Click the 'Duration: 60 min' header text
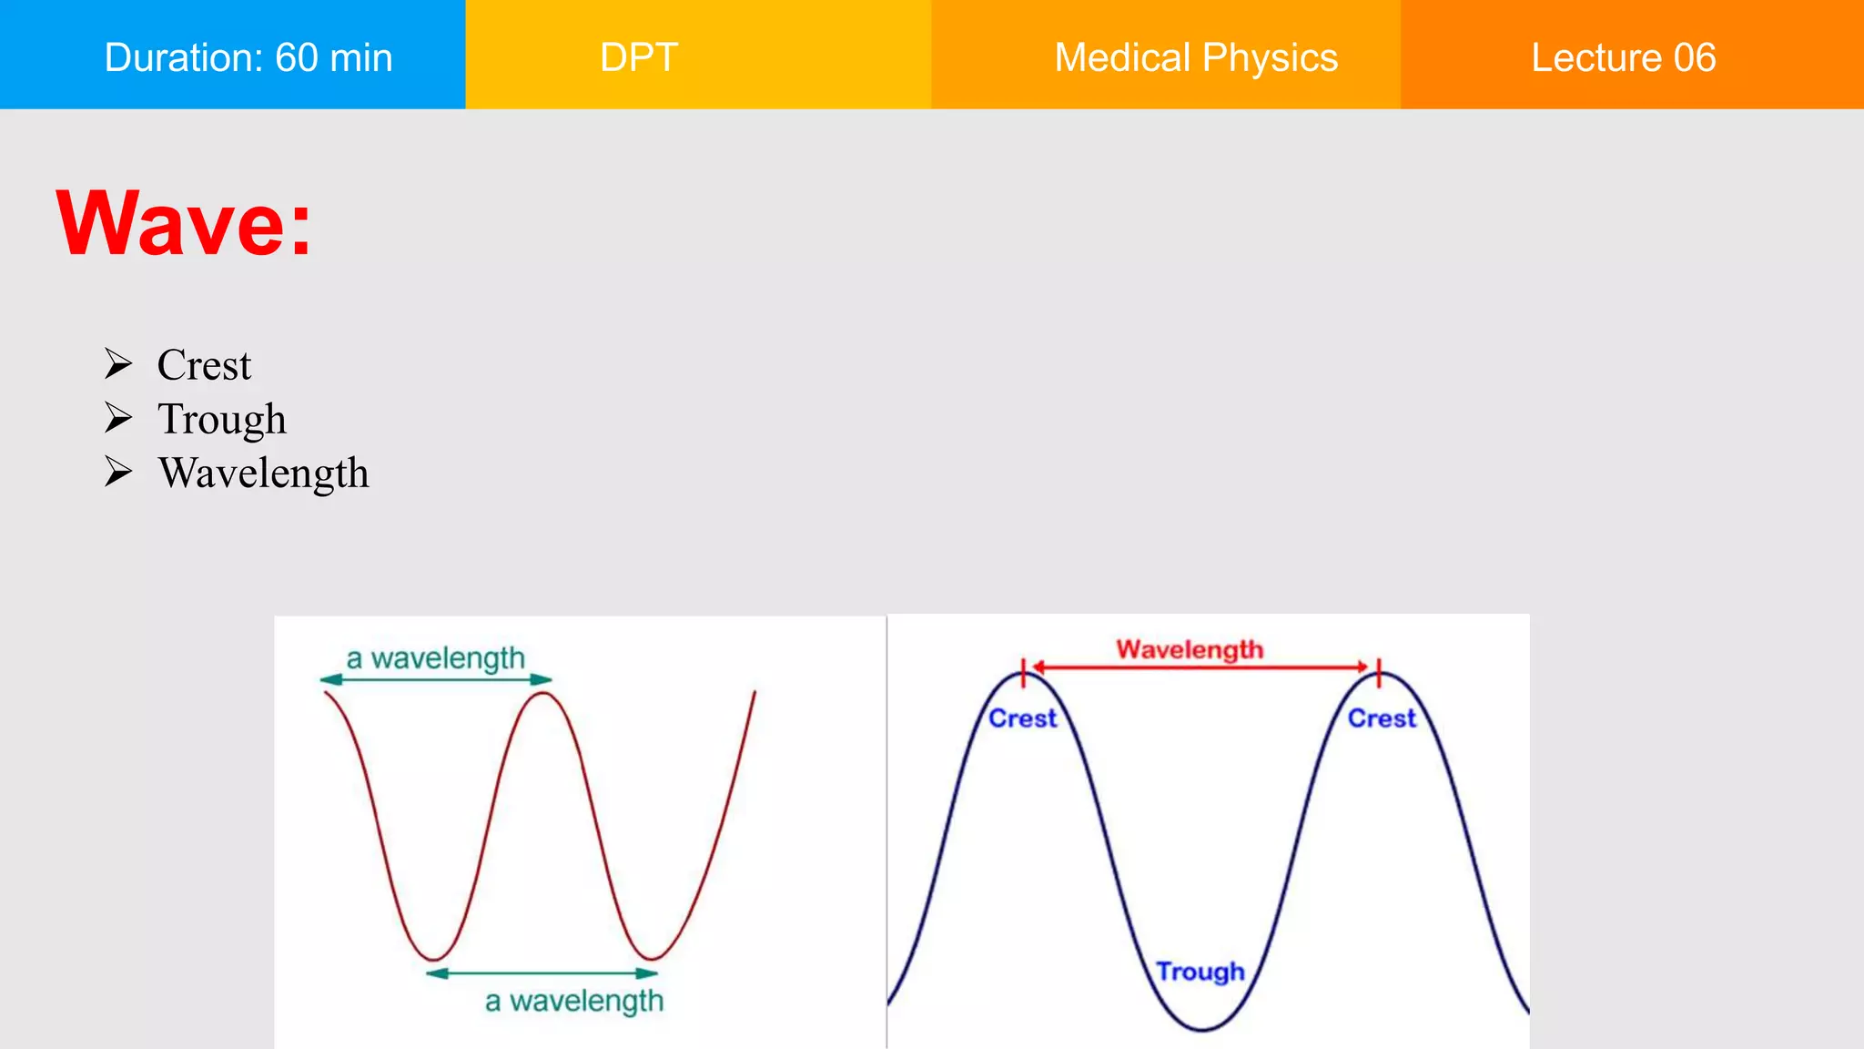coord(248,57)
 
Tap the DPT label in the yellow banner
coord(639,57)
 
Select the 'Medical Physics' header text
coord(1195,57)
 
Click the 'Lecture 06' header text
coord(1623,57)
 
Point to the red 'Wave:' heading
coord(184,223)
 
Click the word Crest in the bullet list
coord(204,365)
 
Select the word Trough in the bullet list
coord(221,419)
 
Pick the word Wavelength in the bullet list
coord(263,473)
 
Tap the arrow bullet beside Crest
coord(118,363)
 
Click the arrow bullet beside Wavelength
coord(118,472)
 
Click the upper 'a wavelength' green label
coord(435,657)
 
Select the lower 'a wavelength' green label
coord(573,1001)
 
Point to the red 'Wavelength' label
coord(1190,649)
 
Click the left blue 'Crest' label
coord(1022,718)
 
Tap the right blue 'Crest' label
coord(1382,718)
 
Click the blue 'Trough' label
coord(1200,972)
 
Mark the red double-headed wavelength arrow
coord(1200,667)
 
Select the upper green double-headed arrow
coord(435,679)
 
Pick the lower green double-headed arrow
coord(542,973)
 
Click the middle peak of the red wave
coord(543,694)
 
